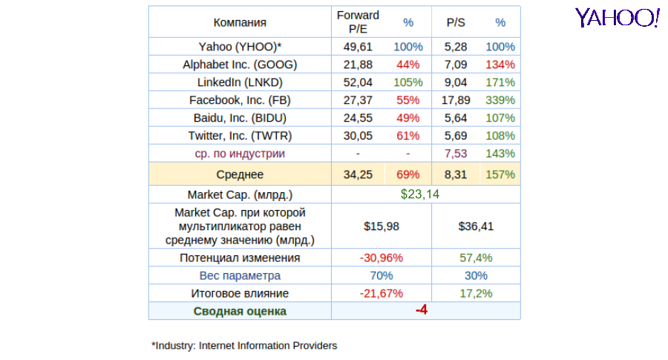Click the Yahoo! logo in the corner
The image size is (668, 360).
(x=617, y=18)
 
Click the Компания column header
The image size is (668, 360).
(x=240, y=22)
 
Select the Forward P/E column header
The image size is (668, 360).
(x=358, y=22)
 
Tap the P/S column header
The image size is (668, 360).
(x=456, y=22)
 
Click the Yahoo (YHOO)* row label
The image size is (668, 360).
(x=240, y=47)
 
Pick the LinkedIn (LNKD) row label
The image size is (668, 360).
(x=240, y=82)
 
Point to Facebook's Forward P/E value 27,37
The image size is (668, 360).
(x=358, y=100)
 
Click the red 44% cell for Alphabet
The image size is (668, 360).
(x=408, y=65)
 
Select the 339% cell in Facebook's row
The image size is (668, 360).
(x=500, y=100)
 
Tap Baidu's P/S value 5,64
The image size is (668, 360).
(x=456, y=118)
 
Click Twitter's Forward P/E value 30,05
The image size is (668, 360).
(x=358, y=136)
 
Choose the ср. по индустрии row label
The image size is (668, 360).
(x=240, y=154)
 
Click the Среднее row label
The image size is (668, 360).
(x=240, y=174)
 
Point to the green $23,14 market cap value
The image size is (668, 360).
(x=420, y=194)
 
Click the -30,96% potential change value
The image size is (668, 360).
(x=381, y=258)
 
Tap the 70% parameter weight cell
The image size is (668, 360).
(x=381, y=275)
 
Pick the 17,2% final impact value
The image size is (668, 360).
(x=476, y=293)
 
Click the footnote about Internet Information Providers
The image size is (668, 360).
(x=244, y=345)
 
